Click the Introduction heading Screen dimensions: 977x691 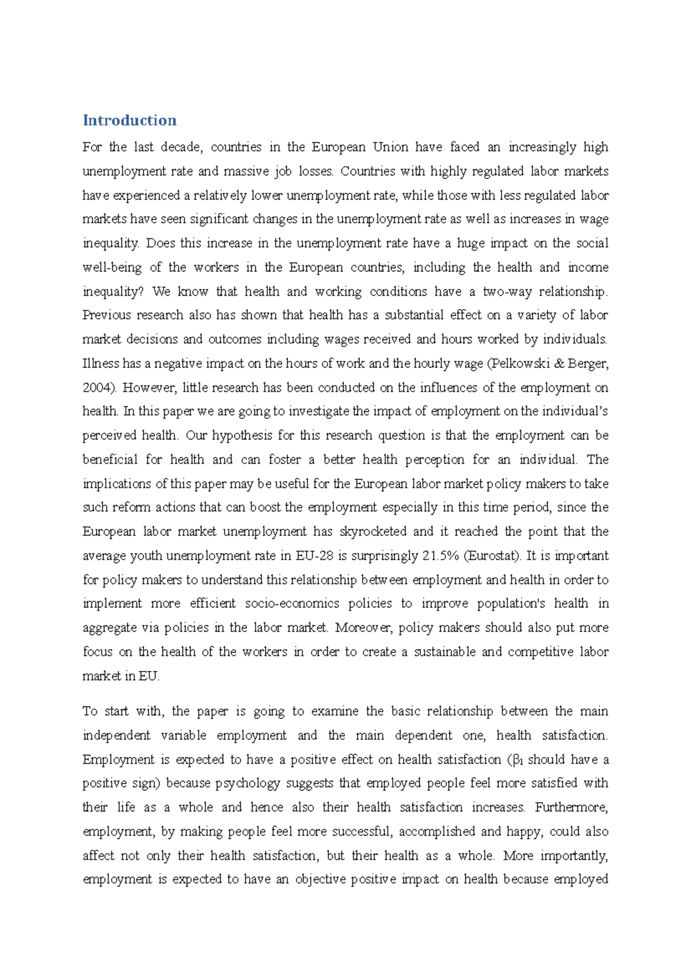click(130, 120)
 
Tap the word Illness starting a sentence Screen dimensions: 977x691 click(101, 364)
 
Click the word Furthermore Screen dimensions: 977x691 click(571, 807)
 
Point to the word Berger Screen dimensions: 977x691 click(588, 364)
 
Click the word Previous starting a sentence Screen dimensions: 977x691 click(108, 315)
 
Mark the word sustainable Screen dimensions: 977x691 click(445, 652)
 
